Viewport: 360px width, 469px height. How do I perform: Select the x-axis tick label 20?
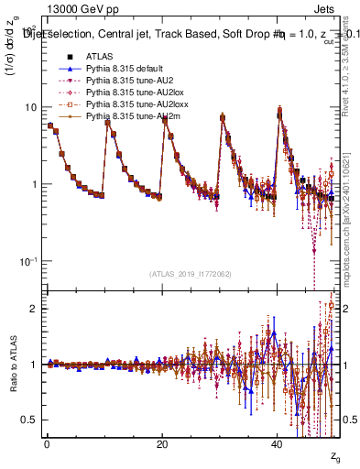click(x=161, y=444)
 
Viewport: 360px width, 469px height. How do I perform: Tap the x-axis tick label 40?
click(x=277, y=444)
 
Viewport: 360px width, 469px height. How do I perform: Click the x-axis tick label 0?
click(x=47, y=444)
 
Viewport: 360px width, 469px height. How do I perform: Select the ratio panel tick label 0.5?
click(x=31, y=420)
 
